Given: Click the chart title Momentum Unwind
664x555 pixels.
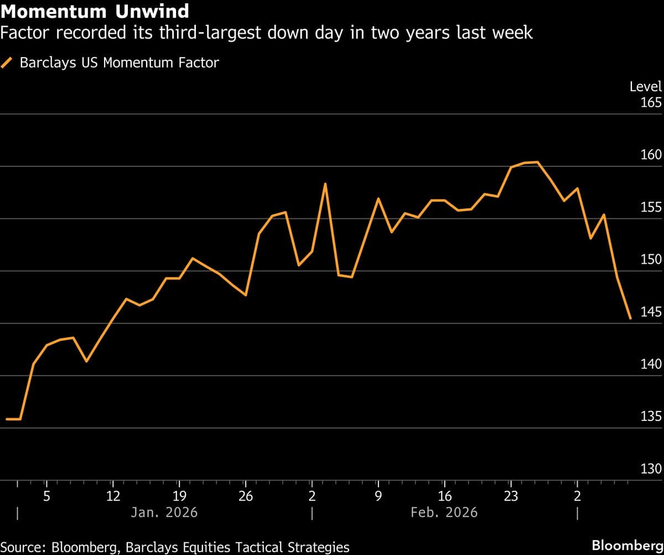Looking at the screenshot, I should pyautogui.click(x=95, y=11).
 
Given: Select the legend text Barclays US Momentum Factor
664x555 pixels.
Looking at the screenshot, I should pyautogui.click(x=119, y=63).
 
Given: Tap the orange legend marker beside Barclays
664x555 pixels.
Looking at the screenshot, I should pyautogui.click(x=8, y=63).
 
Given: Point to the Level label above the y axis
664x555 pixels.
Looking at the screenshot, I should pyautogui.click(x=645, y=86).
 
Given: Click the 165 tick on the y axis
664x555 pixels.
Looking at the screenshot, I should pyautogui.click(x=651, y=103).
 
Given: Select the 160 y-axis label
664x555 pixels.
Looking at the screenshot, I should pyautogui.click(x=651, y=155).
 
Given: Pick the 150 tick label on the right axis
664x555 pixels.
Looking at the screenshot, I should pyautogui.click(x=651, y=260).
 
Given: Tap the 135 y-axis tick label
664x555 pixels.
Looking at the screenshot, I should pyautogui.click(x=651, y=417).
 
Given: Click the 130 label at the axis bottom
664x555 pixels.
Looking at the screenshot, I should pyautogui.click(x=651, y=469).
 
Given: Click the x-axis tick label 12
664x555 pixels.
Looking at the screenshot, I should pyautogui.click(x=112, y=496).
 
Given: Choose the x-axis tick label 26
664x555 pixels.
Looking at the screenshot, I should pyautogui.click(x=245, y=496).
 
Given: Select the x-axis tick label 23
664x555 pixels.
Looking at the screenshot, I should pyautogui.click(x=511, y=496).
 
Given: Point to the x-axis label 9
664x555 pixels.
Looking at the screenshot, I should pyautogui.click(x=378, y=496).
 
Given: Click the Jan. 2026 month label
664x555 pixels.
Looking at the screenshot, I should pyautogui.click(x=164, y=512).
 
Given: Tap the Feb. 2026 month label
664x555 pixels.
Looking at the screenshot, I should pyautogui.click(x=444, y=512).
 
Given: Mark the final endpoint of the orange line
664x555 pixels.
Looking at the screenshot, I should pyautogui.click(x=630, y=318).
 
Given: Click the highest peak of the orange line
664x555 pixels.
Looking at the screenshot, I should pyautogui.click(x=537, y=162).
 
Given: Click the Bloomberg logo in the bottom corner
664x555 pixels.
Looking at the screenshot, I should pyautogui.click(x=626, y=545).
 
